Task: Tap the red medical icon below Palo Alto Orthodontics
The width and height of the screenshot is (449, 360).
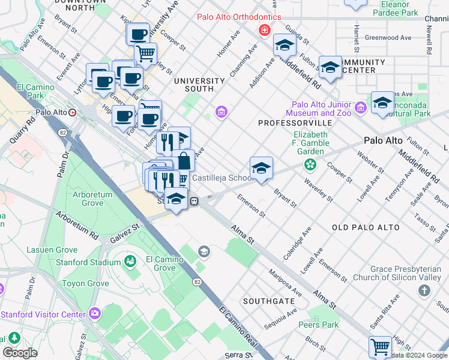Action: click(x=263, y=30)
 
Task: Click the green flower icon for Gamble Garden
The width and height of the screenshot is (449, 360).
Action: click(x=310, y=164)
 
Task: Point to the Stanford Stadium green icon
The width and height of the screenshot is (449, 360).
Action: click(x=129, y=262)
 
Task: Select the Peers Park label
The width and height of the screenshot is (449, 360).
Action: click(x=318, y=325)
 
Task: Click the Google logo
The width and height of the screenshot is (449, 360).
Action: click(x=20, y=353)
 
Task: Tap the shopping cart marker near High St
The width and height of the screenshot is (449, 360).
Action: click(x=380, y=346)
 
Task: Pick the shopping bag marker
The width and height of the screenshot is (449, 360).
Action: click(x=184, y=161)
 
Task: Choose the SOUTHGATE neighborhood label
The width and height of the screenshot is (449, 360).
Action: click(x=268, y=300)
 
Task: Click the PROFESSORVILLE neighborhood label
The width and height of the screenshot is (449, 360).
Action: click(x=286, y=123)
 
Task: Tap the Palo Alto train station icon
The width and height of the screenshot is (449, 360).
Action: click(x=73, y=112)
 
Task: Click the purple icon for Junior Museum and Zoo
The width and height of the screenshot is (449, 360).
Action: click(x=360, y=108)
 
